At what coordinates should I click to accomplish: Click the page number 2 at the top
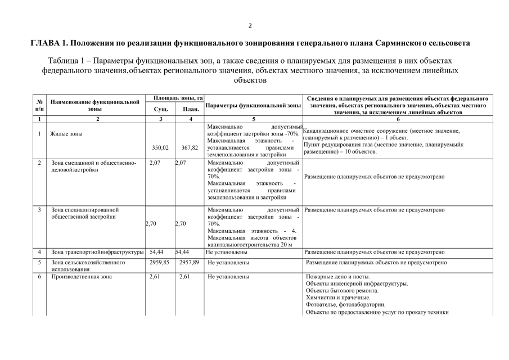click(x=250, y=26)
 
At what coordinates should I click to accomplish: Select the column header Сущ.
click(x=160, y=109)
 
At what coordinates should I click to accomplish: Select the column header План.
click(x=190, y=109)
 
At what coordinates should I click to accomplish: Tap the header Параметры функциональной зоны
click(x=253, y=105)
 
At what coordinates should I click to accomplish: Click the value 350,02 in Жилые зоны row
click(x=160, y=148)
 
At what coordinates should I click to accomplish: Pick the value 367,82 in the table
click(x=190, y=148)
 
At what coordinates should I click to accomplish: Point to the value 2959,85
click(x=161, y=262)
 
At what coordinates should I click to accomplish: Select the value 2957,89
click(x=190, y=262)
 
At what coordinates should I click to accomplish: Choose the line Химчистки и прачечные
click(x=338, y=298)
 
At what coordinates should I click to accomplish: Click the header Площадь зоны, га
click(x=175, y=98)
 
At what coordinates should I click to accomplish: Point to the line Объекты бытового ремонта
click(x=342, y=290)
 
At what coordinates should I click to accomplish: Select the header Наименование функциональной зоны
click(x=95, y=105)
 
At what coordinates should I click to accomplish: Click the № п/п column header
click(x=39, y=105)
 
